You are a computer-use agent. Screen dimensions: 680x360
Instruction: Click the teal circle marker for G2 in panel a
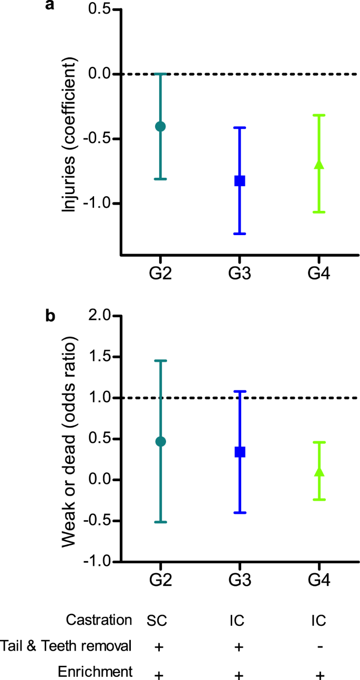coord(160,126)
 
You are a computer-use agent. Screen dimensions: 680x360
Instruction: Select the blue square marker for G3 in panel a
coord(240,180)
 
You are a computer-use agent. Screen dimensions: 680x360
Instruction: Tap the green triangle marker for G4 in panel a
coord(319,165)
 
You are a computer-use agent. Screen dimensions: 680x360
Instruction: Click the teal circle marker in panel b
coord(160,441)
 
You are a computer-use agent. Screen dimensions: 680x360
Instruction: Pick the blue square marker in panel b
coord(240,452)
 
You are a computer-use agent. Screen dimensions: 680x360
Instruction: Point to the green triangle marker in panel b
coord(319,472)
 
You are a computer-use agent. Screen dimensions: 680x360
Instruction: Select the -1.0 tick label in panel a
coord(97,204)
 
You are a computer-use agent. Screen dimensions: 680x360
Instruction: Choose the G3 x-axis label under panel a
coord(240,275)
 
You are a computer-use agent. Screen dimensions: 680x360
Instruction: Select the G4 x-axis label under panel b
coord(319,582)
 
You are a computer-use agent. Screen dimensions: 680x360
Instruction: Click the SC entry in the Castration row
coord(157,621)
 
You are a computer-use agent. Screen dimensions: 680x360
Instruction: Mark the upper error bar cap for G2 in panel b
coord(160,361)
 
